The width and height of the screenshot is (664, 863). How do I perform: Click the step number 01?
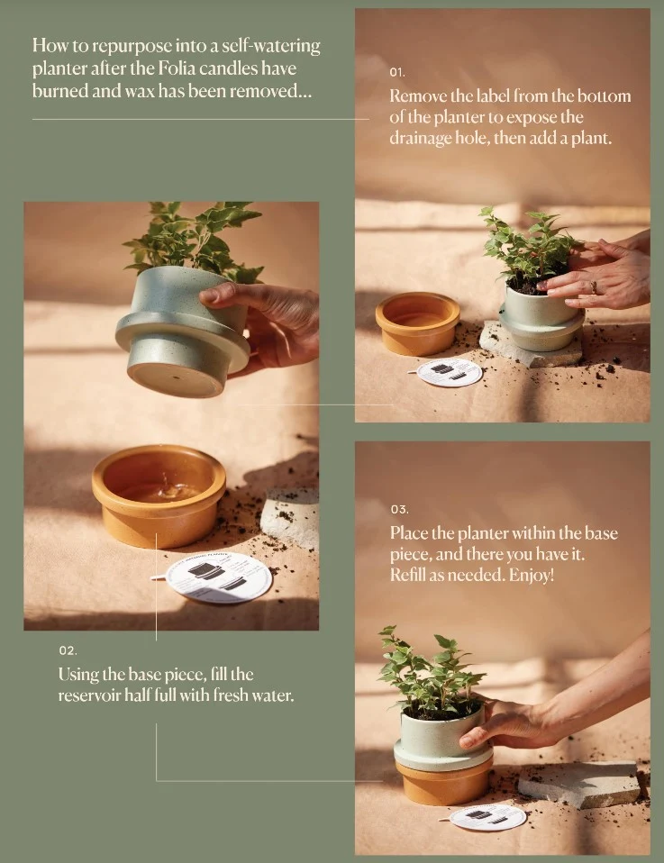click(x=397, y=72)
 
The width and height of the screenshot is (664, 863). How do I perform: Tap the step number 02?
click(x=68, y=650)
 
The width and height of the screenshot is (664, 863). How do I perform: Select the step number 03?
click(x=400, y=510)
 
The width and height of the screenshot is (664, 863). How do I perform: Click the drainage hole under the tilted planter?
click(x=175, y=377)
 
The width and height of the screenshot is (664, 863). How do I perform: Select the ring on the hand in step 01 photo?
click(x=594, y=286)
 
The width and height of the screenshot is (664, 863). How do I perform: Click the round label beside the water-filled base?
click(x=218, y=577)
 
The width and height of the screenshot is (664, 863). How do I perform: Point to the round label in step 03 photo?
click(x=487, y=817)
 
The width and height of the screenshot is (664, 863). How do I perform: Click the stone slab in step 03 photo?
click(x=579, y=784)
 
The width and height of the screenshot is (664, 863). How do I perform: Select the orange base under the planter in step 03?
click(x=444, y=781)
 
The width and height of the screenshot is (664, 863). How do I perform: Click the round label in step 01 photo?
click(x=450, y=372)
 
